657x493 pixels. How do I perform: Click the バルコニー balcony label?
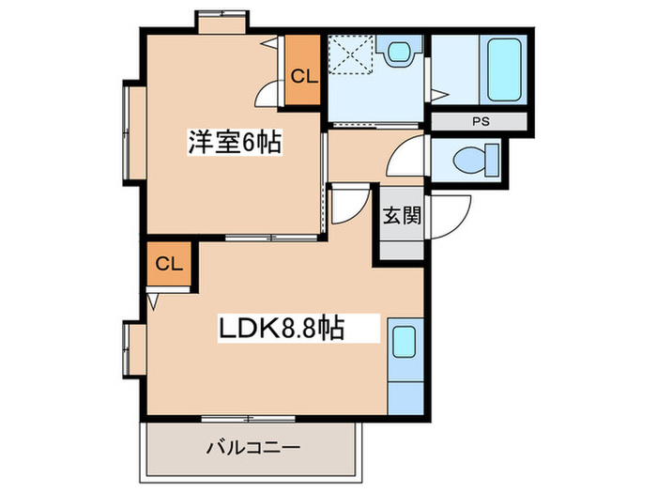252,449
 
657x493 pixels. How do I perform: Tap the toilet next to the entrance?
474,161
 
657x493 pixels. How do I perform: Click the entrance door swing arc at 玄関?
451,218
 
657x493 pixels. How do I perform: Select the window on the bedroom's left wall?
130,132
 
